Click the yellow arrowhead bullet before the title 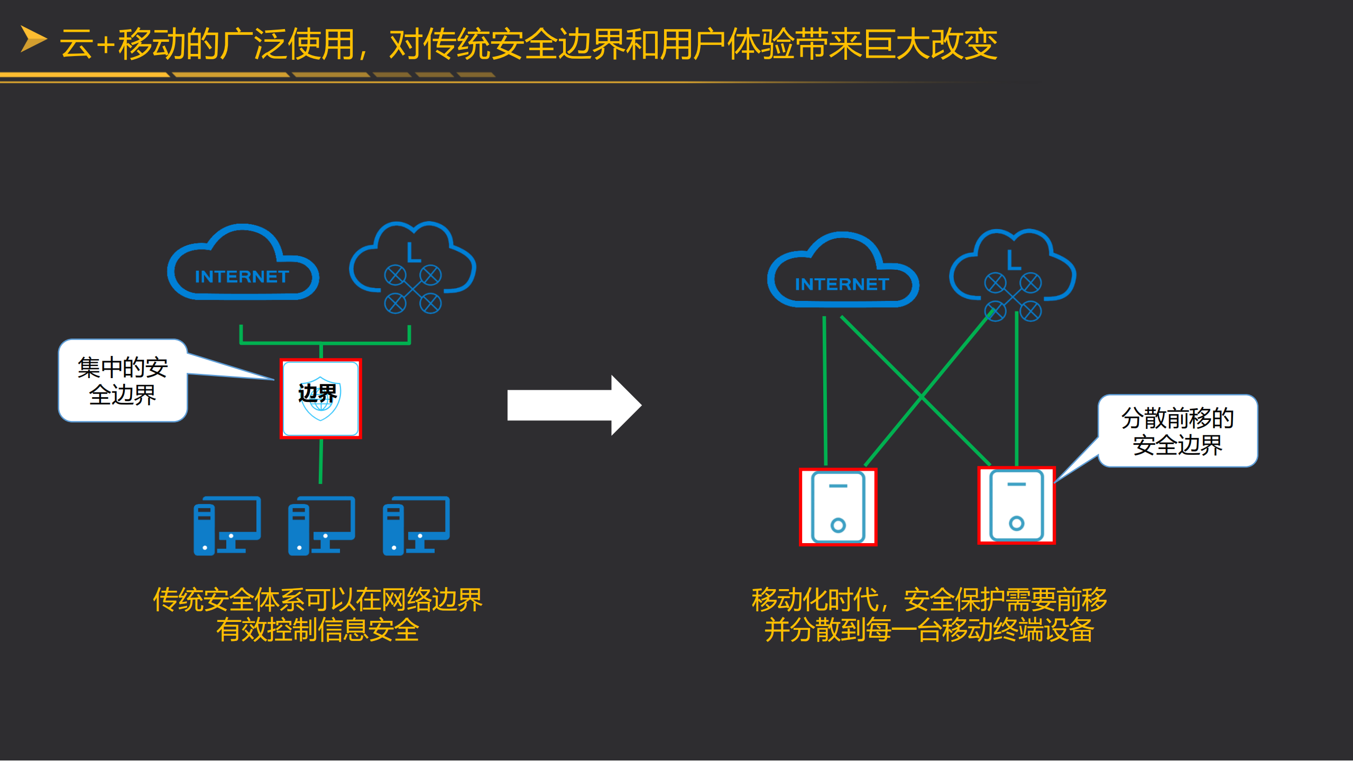pyautogui.click(x=33, y=39)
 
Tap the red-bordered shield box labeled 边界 pyautogui.click(x=320, y=399)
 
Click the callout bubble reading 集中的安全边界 pyautogui.click(x=123, y=381)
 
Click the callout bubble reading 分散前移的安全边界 pyautogui.click(x=1177, y=431)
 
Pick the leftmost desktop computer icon pyautogui.click(x=227, y=526)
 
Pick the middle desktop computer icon pyautogui.click(x=321, y=526)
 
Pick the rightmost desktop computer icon pyautogui.click(x=416, y=526)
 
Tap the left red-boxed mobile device pyautogui.click(x=838, y=507)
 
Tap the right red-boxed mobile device pyautogui.click(x=1016, y=506)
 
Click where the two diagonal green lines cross pyautogui.click(x=921, y=396)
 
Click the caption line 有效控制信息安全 pyautogui.click(x=318, y=630)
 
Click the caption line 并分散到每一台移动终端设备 pyautogui.click(x=929, y=630)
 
